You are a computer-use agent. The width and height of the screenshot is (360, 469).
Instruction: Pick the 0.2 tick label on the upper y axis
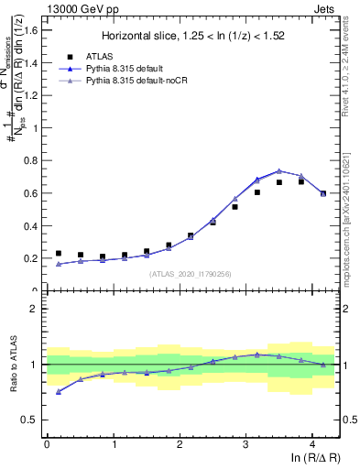33,258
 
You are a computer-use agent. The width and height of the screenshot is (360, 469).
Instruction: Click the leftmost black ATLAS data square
59,254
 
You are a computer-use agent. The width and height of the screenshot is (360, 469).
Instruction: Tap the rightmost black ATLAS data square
323,193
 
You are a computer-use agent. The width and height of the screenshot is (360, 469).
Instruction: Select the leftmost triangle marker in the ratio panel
59,392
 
